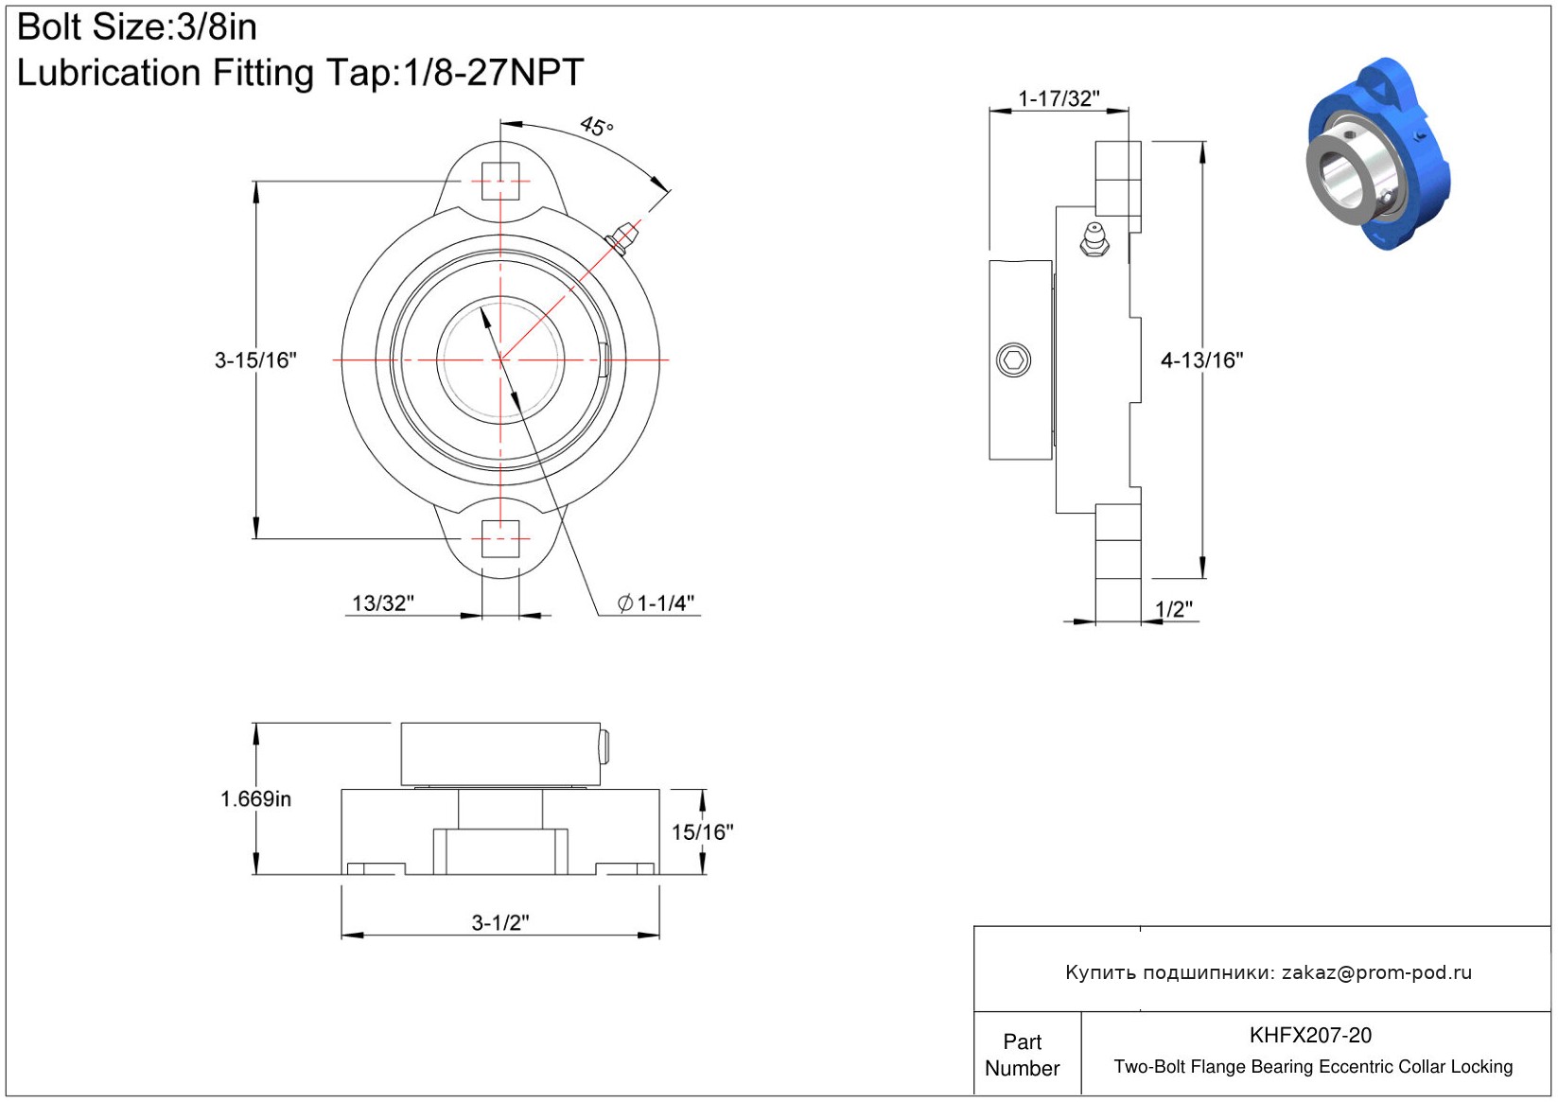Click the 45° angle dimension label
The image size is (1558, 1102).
pos(597,127)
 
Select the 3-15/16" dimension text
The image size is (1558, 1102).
pos(255,360)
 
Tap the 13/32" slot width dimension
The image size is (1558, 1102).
pos(382,603)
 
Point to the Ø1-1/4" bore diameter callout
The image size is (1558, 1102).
pos(656,603)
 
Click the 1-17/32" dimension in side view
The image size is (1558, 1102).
pos(1059,98)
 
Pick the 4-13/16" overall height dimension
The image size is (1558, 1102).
pos(1202,360)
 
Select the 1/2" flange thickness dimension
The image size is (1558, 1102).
pos(1173,609)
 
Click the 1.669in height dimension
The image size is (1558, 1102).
pos(255,798)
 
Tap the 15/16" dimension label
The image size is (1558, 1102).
pos(703,831)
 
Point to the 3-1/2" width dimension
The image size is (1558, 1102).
pos(500,922)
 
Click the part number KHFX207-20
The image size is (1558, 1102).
pos(1310,1035)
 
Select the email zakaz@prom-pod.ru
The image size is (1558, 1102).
pos(1376,971)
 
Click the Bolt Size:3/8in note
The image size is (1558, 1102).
pos(136,27)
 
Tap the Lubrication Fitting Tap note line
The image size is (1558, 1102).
pos(300,72)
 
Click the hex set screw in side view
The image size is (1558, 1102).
pos(1013,360)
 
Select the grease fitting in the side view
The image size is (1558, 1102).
pos(1094,239)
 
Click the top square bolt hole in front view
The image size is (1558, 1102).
pos(500,181)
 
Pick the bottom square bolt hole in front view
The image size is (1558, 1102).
pos(500,538)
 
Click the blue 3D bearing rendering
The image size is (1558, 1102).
pos(1378,154)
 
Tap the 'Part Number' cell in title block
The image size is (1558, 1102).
pos(1022,1055)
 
